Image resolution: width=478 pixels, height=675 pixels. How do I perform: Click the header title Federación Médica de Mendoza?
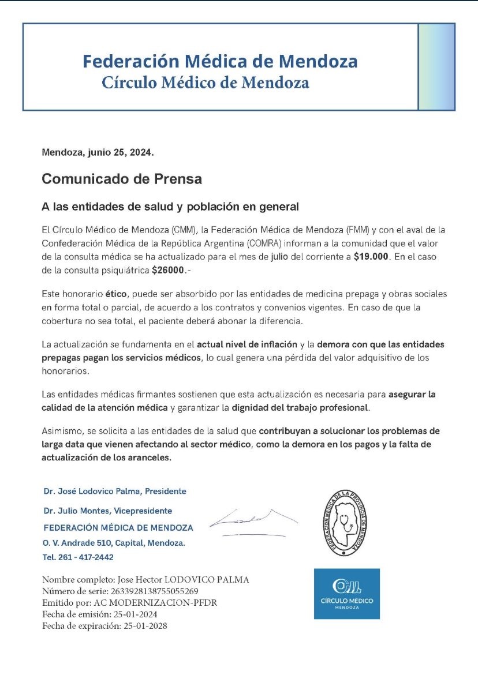coord(219,61)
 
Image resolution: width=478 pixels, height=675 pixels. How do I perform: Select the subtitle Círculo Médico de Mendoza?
coord(206,82)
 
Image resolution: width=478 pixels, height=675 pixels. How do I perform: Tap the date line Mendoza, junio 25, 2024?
coord(98,153)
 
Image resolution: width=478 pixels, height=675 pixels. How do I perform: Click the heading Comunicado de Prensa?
coord(122,179)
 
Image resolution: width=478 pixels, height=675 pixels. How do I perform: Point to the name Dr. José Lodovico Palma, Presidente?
coord(115,491)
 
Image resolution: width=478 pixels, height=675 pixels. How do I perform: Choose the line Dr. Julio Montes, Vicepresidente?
coord(108,511)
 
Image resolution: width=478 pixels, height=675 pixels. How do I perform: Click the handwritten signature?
coord(253,520)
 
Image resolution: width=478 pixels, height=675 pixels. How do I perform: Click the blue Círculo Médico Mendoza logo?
coord(346,594)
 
